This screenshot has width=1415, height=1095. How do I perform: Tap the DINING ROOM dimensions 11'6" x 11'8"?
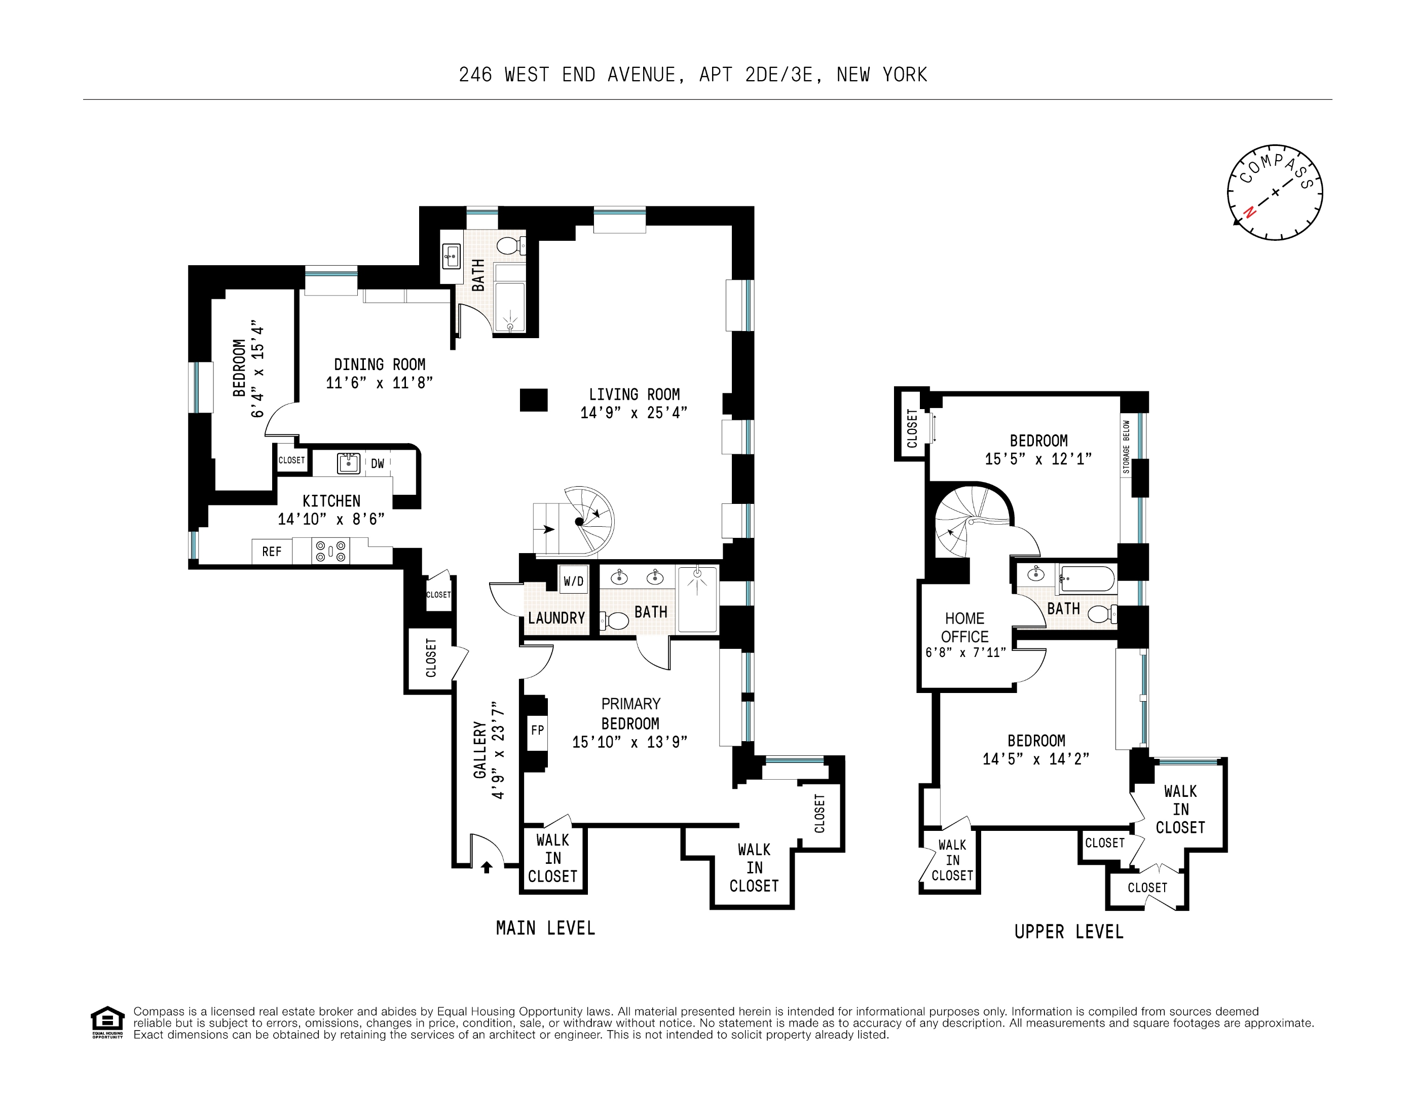(x=379, y=383)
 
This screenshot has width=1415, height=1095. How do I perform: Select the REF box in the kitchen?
(x=272, y=552)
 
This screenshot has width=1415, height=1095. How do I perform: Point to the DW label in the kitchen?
(x=378, y=463)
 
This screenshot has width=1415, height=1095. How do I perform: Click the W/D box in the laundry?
(x=573, y=580)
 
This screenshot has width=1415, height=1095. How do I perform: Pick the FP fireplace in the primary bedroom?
(x=537, y=730)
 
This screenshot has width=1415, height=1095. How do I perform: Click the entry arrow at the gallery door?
(x=487, y=867)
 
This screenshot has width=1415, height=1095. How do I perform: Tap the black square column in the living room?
(x=533, y=400)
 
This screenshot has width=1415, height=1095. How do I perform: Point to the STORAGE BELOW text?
(x=1126, y=447)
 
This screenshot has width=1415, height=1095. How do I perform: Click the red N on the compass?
(x=1250, y=212)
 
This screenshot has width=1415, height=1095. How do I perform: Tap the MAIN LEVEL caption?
(x=545, y=928)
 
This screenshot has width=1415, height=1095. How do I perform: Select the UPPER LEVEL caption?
(x=1068, y=932)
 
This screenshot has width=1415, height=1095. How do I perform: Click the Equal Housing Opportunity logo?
(x=107, y=1022)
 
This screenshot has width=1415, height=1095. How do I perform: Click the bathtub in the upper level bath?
(x=1087, y=578)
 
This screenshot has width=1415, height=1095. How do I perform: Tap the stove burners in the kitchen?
(x=330, y=552)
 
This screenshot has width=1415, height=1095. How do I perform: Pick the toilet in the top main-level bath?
(x=509, y=245)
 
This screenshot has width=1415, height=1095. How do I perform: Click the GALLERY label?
(x=479, y=750)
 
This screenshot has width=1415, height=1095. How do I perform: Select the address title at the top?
(x=693, y=75)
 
